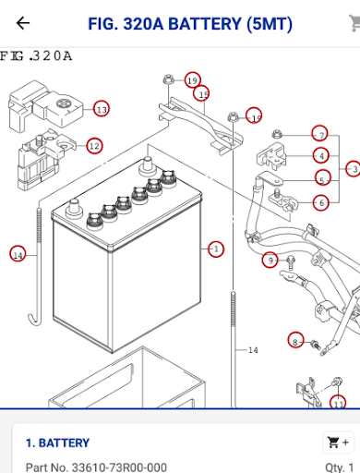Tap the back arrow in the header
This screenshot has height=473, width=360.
(x=23, y=23)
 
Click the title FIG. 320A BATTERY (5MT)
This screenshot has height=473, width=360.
(x=190, y=24)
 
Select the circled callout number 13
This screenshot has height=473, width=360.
(x=102, y=109)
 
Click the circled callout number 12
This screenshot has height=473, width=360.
(x=94, y=146)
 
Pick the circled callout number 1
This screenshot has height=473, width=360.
(x=216, y=249)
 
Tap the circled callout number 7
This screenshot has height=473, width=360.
(x=320, y=134)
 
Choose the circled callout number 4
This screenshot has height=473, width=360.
(x=321, y=155)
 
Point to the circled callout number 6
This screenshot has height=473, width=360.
(x=321, y=203)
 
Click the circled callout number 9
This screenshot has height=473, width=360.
(x=270, y=260)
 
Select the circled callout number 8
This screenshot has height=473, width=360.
(x=295, y=340)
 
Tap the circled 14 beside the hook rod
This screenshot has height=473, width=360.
(x=18, y=254)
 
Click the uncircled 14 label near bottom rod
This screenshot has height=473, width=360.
(x=253, y=350)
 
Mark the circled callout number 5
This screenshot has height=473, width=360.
(x=323, y=177)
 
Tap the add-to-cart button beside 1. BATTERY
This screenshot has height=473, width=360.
(x=339, y=443)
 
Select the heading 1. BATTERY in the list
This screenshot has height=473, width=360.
(x=57, y=443)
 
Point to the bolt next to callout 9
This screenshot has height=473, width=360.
(x=291, y=262)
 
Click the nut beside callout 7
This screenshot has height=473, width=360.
(x=277, y=134)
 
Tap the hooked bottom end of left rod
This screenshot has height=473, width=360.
(x=35, y=319)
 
